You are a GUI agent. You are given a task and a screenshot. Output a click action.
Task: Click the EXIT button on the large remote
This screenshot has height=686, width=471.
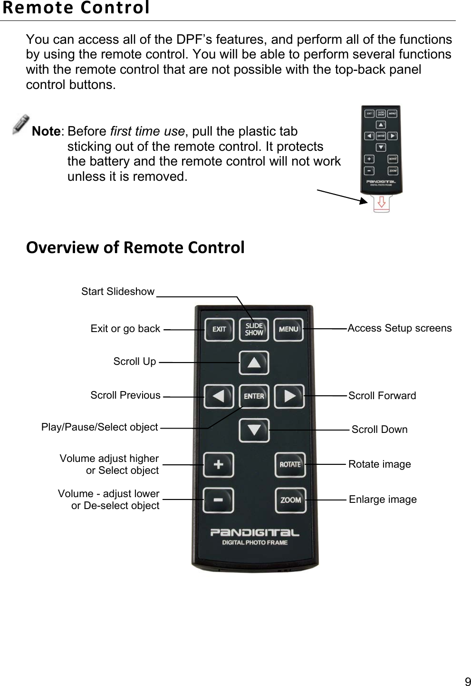[x=219, y=329]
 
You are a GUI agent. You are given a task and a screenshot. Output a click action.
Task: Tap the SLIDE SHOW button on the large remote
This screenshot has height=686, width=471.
[x=254, y=329]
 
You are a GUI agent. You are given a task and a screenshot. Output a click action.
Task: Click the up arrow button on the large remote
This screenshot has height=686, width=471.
[x=254, y=363]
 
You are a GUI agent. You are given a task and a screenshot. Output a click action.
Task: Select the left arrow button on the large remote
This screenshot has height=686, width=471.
[x=219, y=396]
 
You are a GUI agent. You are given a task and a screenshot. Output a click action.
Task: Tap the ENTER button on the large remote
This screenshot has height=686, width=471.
[x=254, y=396]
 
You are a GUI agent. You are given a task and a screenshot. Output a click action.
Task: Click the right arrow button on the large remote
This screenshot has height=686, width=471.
[x=289, y=396]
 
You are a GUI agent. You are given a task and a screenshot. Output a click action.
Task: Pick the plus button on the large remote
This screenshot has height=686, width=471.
[x=218, y=464]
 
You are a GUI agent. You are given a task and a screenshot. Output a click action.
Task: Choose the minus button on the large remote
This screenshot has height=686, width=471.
[x=218, y=500]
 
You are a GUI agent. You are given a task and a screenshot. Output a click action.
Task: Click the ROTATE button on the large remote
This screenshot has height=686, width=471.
[x=290, y=464]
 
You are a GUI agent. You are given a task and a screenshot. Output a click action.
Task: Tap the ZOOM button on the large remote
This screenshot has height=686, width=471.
[x=290, y=500]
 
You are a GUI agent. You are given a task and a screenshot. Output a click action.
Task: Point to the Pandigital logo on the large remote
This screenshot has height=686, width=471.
[x=255, y=532]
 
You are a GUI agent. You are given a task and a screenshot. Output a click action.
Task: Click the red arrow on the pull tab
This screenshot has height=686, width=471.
[x=381, y=203]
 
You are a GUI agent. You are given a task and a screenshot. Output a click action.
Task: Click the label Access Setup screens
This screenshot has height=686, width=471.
[x=400, y=328]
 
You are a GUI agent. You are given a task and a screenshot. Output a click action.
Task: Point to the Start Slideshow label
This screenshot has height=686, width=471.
[x=118, y=291]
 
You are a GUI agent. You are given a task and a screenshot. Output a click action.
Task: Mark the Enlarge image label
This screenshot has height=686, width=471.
[x=383, y=500]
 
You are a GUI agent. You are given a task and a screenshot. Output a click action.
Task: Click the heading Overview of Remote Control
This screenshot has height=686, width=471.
[x=135, y=247]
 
